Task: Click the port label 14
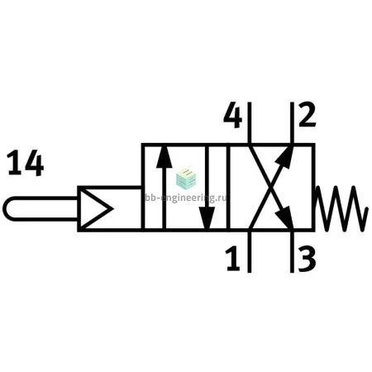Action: pos(25,163)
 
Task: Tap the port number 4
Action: pos(233,115)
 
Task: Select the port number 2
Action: pos(308,114)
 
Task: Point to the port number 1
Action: pos(233,258)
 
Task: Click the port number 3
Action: pos(307,259)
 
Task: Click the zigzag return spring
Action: pos(341,208)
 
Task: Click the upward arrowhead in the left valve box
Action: pos(165,157)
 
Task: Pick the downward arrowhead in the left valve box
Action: pos(207,218)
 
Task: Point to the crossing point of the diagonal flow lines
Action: pos(271,187)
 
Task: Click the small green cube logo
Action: pos(186,179)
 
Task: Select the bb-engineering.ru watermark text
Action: pos(186,198)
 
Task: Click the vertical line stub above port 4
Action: pos(250,123)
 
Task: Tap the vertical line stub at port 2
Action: pos(292,123)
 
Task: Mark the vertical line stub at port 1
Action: pos(250,251)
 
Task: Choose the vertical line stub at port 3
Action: pos(292,251)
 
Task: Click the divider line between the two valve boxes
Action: pos(228,187)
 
